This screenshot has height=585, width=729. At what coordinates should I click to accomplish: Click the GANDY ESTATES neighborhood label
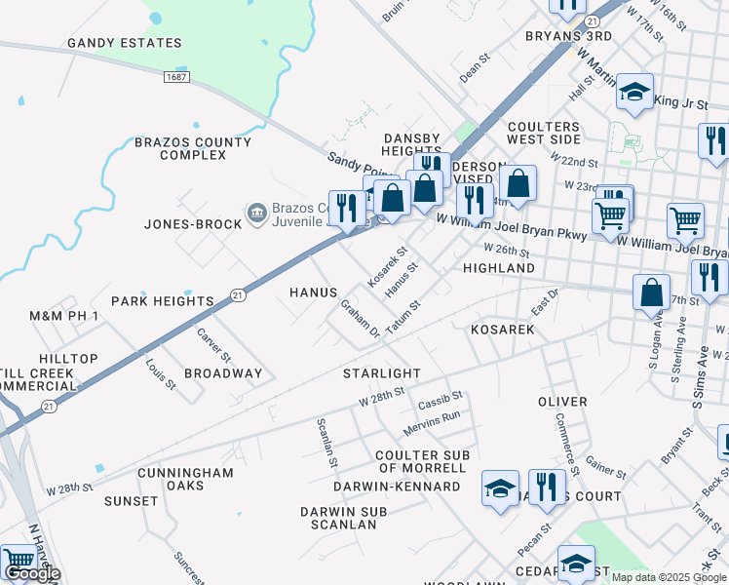tap(124, 43)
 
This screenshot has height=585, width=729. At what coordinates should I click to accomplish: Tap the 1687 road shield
tap(176, 76)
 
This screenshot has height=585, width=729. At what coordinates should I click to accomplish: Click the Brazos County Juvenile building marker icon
tap(256, 212)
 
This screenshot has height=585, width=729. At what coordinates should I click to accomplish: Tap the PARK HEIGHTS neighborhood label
tap(162, 301)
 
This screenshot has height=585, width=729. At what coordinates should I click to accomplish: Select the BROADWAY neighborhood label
tap(223, 373)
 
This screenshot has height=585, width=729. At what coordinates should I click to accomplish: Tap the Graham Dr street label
tap(360, 319)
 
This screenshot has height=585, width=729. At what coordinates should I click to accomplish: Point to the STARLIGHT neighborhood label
tap(382, 373)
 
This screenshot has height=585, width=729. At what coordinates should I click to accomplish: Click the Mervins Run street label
tap(432, 421)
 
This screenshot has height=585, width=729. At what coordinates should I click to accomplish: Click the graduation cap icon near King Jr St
tap(634, 93)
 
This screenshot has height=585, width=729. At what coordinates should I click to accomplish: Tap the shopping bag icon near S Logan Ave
tap(651, 292)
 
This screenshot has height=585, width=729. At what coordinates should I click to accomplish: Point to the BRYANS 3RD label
tap(567, 36)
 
